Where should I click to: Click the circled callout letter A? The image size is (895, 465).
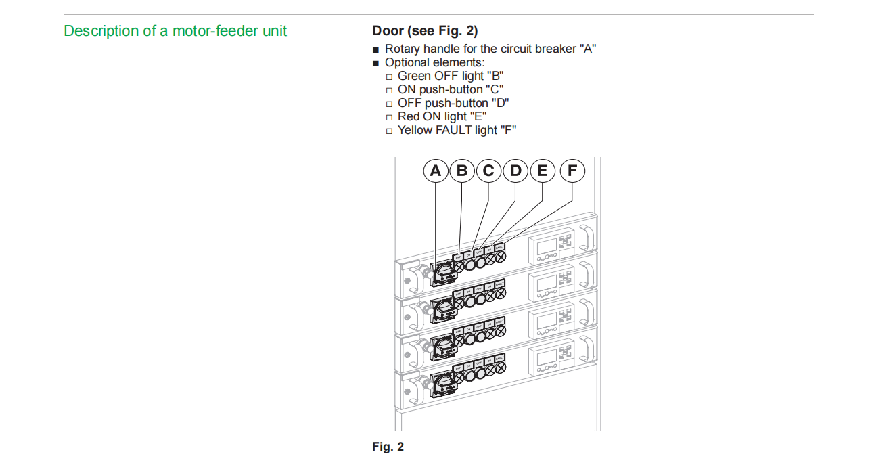[x=436, y=171]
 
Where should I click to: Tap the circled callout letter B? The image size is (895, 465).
[x=462, y=171]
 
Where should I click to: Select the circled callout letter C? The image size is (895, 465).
[x=488, y=171]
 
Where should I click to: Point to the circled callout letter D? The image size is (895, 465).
[x=515, y=171]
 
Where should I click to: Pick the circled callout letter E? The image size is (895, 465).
[x=542, y=171]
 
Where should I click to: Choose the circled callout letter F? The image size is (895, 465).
[x=572, y=171]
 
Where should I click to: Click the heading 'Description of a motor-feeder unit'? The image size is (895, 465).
[x=175, y=31]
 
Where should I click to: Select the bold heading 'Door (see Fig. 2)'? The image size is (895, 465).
[x=425, y=31]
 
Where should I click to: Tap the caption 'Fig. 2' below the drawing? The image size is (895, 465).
[x=388, y=447]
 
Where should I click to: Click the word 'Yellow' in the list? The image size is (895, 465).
[x=415, y=130]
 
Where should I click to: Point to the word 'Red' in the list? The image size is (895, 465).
[x=409, y=116]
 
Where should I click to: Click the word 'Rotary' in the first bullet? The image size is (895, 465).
[x=403, y=49]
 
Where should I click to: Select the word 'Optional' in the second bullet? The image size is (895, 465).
[x=407, y=62]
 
